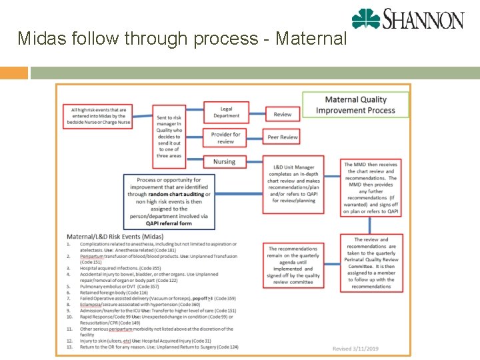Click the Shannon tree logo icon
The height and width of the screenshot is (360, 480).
(366, 19)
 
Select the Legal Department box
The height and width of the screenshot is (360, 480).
(226, 112)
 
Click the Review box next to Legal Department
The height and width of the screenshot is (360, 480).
(283, 115)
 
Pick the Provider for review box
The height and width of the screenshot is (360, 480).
(226, 138)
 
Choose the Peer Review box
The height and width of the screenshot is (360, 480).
(283, 137)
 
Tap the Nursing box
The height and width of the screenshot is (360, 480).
(225, 162)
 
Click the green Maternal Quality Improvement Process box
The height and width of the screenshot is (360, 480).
(355, 105)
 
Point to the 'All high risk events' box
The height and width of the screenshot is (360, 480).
(98, 116)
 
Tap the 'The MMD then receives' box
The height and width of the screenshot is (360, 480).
(371, 187)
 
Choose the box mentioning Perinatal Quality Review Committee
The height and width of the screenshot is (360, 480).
(371, 263)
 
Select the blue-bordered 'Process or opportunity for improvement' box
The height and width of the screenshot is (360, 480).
(169, 202)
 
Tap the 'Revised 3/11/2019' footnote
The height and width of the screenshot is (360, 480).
(355, 349)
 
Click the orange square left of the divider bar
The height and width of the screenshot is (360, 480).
(14, 73)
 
